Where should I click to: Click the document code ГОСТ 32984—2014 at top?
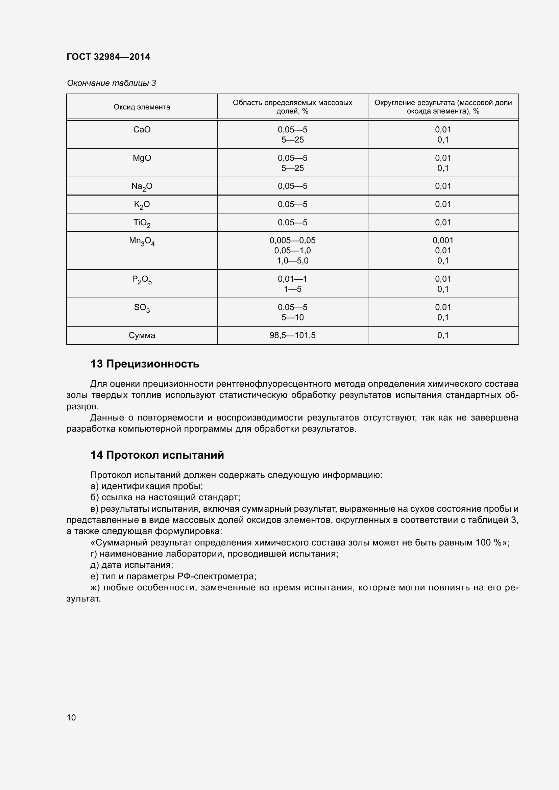click(x=108, y=57)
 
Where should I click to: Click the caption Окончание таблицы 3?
click(x=111, y=83)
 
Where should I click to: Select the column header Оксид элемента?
click(x=142, y=107)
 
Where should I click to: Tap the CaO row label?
click(x=142, y=130)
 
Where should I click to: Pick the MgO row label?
click(x=142, y=158)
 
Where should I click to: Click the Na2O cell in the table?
click(x=142, y=186)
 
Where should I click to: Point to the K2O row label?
click(x=142, y=205)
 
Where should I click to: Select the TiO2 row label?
click(x=142, y=223)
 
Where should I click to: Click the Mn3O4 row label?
click(x=142, y=241)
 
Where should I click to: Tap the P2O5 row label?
click(x=142, y=280)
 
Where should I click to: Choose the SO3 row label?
click(x=142, y=308)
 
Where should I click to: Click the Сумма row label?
click(x=142, y=335)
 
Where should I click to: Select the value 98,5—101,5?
click(x=292, y=335)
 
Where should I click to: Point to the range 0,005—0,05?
click(x=292, y=240)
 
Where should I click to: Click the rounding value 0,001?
click(x=443, y=240)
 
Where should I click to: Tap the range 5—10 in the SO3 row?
click(x=292, y=317)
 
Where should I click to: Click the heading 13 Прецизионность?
click(x=145, y=364)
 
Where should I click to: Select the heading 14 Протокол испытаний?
click(x=157, y=455)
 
